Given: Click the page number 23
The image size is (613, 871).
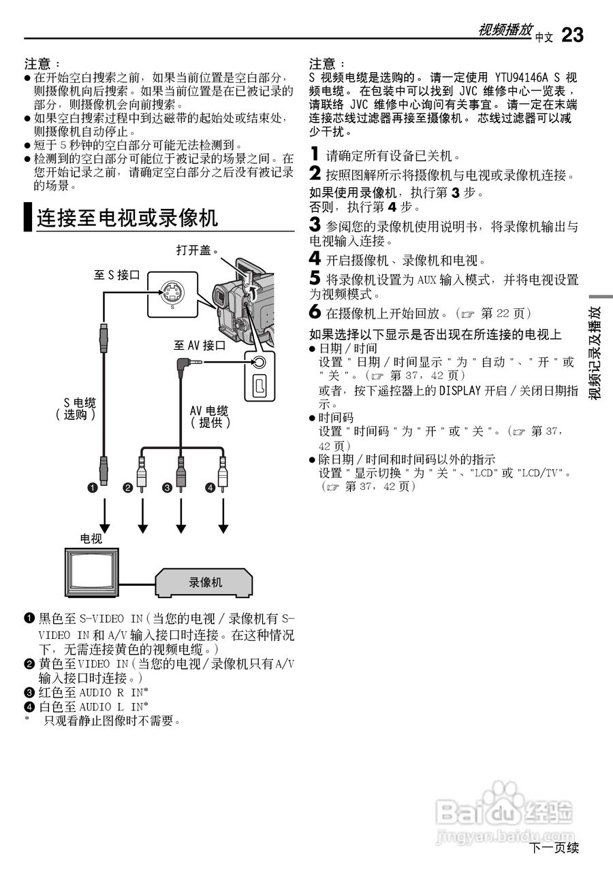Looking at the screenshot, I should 572,35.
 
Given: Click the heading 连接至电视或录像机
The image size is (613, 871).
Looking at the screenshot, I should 127,218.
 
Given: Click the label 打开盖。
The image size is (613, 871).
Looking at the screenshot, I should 196,250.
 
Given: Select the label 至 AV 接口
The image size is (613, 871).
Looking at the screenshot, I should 199,346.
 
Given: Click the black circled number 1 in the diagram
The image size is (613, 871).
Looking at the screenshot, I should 91,487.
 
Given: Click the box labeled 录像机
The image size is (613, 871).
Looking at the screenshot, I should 205,582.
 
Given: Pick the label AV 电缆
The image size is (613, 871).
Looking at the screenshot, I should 209,410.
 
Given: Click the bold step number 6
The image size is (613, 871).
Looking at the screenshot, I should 315,312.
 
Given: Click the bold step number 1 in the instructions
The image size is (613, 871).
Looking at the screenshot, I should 314,154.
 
